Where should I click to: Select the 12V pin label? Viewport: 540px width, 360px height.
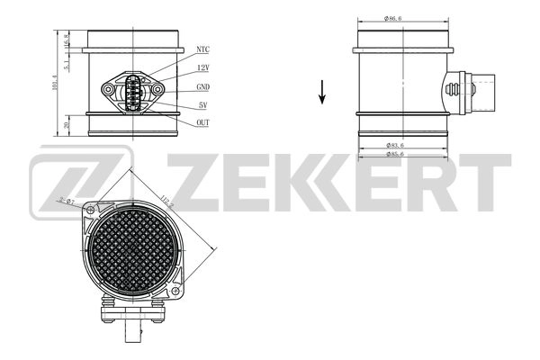[x=202, y=68]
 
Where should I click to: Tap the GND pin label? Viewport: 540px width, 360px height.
[x=202, y=88]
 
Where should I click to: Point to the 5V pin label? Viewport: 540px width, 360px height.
[x=202, y=105]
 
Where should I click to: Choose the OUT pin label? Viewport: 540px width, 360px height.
[x=202, y=121]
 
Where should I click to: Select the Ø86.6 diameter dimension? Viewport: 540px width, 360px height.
[x=391, y=18]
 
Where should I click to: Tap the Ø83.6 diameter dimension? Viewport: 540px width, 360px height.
[x=391, y=144]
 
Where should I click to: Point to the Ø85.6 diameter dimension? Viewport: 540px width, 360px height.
[x=391, y=155]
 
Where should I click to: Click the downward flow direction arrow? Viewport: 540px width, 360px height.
[x=321, y=91]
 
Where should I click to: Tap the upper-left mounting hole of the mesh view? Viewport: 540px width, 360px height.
[x=92, y=211]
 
